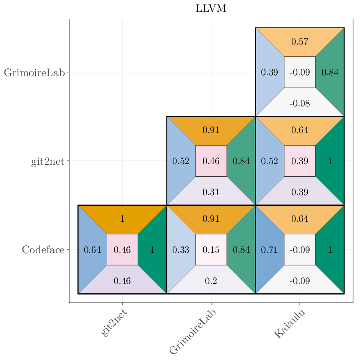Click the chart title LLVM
click(211, 9)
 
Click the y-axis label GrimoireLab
click(34, 73)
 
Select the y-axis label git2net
click(47, 162)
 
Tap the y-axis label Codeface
click(43, 250)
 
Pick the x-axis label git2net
click(114, 323)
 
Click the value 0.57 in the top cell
click(299, 42)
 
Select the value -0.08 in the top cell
click(299, 103)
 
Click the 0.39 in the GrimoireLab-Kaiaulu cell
click(269, 72)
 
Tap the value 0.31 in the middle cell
click(211, 192)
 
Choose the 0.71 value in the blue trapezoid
click(269, 250)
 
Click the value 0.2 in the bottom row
click(211, 281)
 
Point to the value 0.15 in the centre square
click(211, 250)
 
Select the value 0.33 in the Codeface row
click(180, 250)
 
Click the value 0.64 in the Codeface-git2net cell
click(92, 250)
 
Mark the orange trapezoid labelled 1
click(122, 219)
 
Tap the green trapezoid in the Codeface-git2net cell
click(153, 250)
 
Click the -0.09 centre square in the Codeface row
click(299, 250)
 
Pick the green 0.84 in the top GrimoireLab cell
click(330, 72)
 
